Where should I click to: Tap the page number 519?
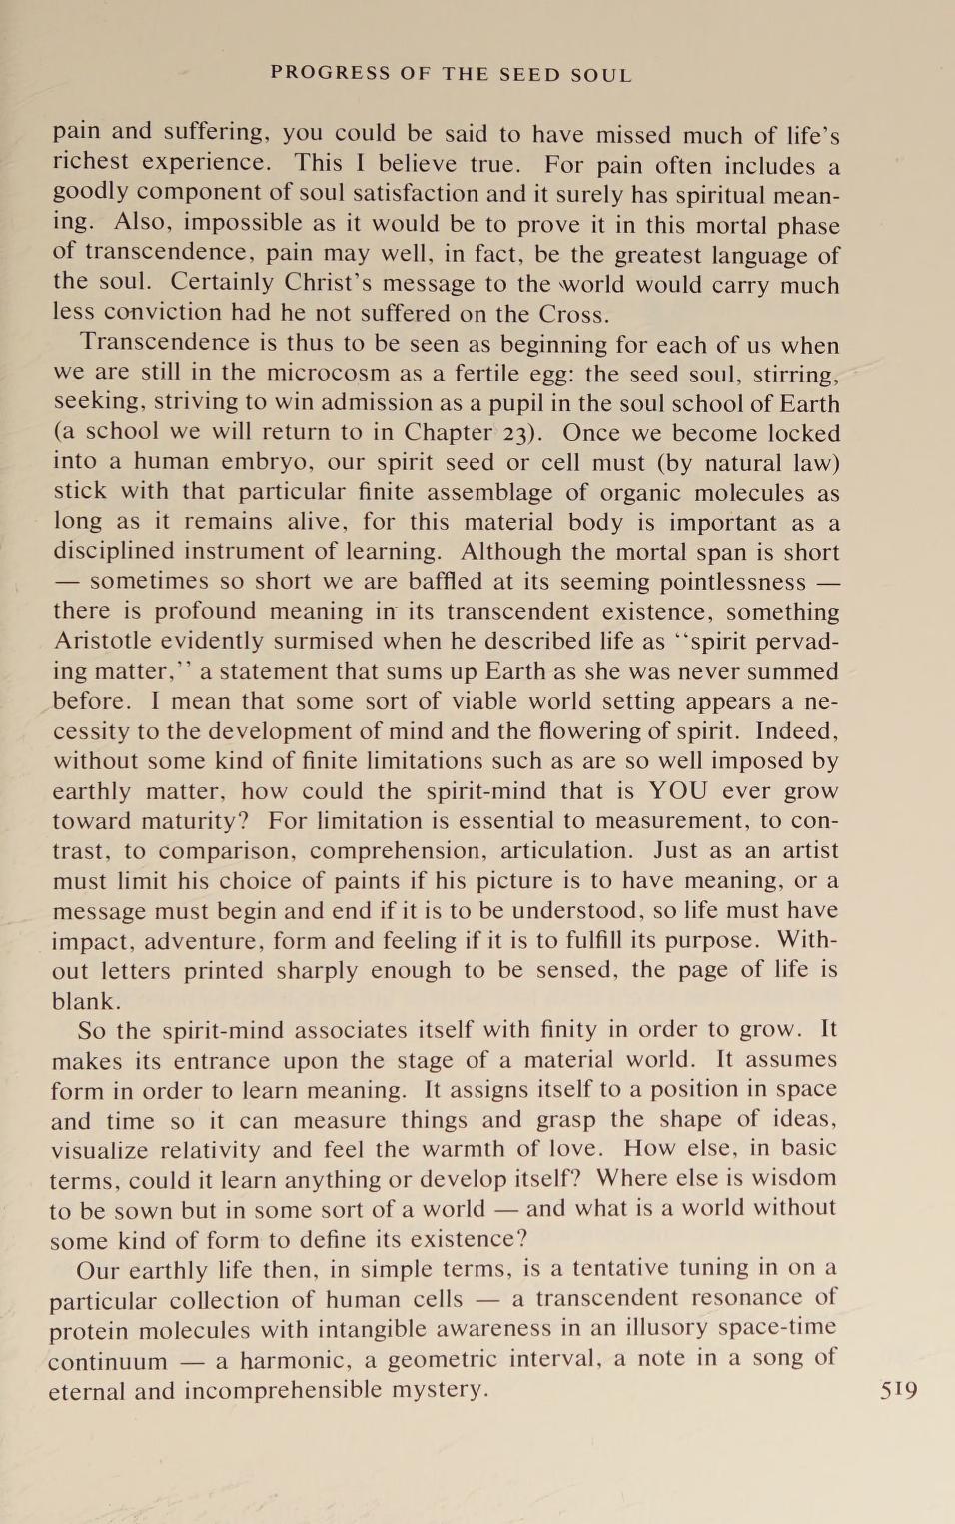click(x=899, y=1390)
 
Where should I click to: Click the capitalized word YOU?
click(x=678, y=791)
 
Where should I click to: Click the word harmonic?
click(x=295, y=1361)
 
